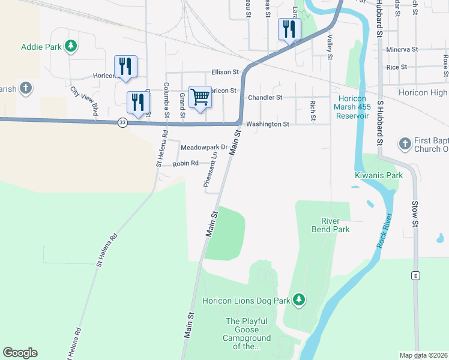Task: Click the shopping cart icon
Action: (x=200, y=97)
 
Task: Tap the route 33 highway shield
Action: (x=123, y=122)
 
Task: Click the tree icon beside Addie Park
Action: (x=71, y=46)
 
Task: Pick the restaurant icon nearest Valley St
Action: (x=289, y=29)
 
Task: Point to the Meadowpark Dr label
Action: (x=205, y=147)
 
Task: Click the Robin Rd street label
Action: (x=185, y=163)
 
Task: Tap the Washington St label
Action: (x=268, y=124)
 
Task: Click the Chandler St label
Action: (x=265, y=97)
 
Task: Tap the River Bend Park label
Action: (x=330, y=225)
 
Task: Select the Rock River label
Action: (x=385, y=232)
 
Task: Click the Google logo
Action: (x=20, y=353)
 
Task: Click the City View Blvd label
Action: (x=84, y=101)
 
